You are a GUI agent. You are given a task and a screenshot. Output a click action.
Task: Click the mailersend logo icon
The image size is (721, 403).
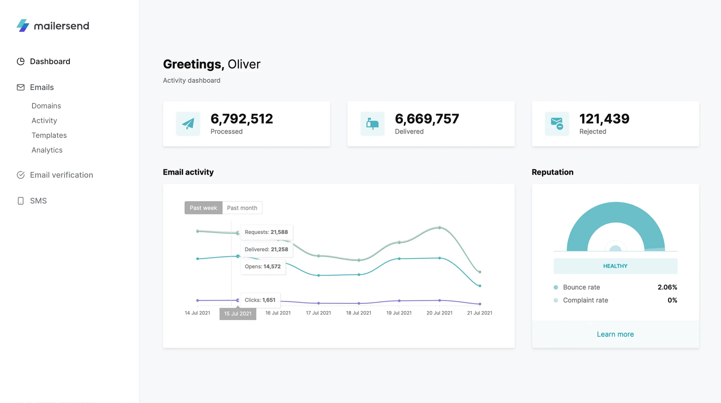23,26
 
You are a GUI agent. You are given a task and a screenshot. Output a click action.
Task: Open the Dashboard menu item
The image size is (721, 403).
50,61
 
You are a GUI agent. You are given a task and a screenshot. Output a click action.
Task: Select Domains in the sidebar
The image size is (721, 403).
46,106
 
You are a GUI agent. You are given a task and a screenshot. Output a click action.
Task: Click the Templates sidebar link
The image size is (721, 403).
49,135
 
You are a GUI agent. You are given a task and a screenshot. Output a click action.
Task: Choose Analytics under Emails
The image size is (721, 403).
47,150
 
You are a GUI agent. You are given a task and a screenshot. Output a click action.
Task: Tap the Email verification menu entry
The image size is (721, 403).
61,175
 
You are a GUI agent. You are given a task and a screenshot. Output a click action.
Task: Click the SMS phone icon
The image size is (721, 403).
21,201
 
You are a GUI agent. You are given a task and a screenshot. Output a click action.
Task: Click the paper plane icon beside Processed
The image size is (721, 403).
188,124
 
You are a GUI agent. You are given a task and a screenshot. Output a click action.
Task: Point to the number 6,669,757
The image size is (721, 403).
427,119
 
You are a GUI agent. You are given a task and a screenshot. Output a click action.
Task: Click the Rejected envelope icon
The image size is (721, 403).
557,124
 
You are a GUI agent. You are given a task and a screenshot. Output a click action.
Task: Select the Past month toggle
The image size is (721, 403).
242,208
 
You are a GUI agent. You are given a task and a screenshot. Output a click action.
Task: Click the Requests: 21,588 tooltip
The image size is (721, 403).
266,232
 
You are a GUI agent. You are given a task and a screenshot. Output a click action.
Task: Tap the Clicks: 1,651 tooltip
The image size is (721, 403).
260,300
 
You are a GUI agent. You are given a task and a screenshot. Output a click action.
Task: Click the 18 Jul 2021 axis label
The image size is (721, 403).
358,313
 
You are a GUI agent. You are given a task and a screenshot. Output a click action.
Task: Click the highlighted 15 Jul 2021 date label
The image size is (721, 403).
238,314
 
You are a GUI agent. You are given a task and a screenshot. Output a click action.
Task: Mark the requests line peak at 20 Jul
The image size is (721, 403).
439,227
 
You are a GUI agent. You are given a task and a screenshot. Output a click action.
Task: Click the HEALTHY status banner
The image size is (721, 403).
615,266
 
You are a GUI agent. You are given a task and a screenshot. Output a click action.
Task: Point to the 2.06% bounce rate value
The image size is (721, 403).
667,287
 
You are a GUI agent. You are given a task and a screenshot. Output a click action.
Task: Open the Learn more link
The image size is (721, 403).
615,334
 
